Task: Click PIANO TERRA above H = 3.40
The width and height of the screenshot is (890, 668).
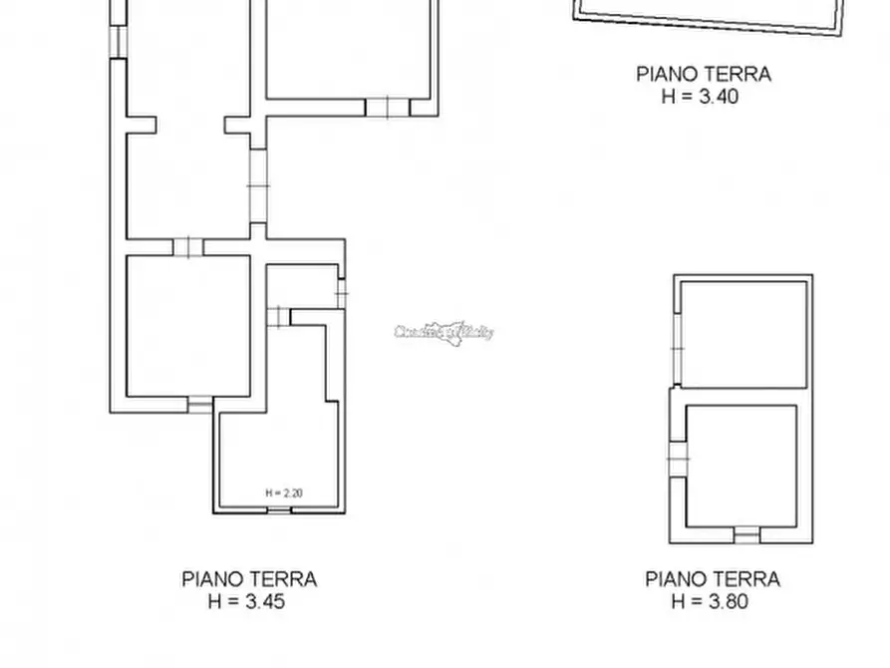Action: [x=703, y=74]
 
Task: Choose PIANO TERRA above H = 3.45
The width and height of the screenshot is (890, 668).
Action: [x=249, y=578]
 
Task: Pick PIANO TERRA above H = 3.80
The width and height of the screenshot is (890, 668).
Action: [x=713, y=578]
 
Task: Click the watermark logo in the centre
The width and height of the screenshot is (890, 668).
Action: [x=444, y=332]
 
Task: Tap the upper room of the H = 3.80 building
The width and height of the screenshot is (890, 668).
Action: [x=743, y=333]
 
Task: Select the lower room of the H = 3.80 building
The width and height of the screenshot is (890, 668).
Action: [x=742, y=464]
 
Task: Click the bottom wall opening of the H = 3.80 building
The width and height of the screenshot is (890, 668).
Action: [x=746, y=535]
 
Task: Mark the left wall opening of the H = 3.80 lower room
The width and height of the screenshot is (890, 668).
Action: [x=679, y=458]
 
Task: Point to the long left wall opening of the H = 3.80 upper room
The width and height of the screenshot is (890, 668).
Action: [x=678, y=348]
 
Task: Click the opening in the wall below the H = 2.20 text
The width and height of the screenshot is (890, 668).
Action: [x=280, y=510]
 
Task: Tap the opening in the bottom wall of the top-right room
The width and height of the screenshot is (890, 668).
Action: [x=387, y=108]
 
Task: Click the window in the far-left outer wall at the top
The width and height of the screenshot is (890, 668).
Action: [x=117, y=41]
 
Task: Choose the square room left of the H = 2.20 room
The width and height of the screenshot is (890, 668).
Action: [x=187, y=325]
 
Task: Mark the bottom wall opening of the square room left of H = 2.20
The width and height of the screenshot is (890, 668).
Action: [x=200, y=404]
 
